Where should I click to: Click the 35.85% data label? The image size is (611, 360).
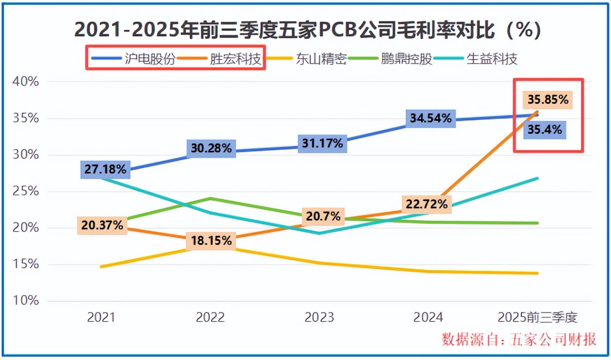pyautogui.click(x=547, y=100)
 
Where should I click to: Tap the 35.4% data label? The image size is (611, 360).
pyautogui.click(x=545, y=130)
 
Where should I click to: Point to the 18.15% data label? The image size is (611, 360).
pyautogui.click(x=211, y=241)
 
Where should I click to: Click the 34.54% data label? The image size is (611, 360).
pyautogui.click(x=430, y=118)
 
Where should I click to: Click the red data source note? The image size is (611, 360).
pyautogui.click(x=519, y=339)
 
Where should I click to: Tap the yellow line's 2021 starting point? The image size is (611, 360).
pyautogui.click(x=101, y=266)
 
